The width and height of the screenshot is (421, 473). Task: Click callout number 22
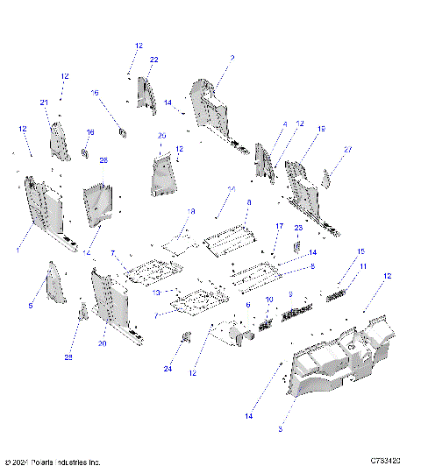click(x=153, y=60)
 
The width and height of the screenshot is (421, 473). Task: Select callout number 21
click(x=44, y=102)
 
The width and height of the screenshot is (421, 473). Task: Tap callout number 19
click(x=321, y=129)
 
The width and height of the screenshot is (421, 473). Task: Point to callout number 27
click(x=347, y=150)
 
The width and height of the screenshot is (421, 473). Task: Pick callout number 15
click(x=360, y=252)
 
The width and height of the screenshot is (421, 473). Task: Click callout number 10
click(x=269, y=300)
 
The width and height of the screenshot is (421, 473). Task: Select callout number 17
click(x=280, y=227)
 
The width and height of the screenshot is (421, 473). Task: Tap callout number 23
click(x=298, y=228)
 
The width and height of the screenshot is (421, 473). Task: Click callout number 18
click(x=191, y=211)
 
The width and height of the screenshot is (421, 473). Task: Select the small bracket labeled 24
click(x=186, y=338)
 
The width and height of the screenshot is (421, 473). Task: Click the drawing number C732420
click(x=385, y=461)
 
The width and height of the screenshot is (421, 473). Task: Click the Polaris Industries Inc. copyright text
click(x=53, y=462)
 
